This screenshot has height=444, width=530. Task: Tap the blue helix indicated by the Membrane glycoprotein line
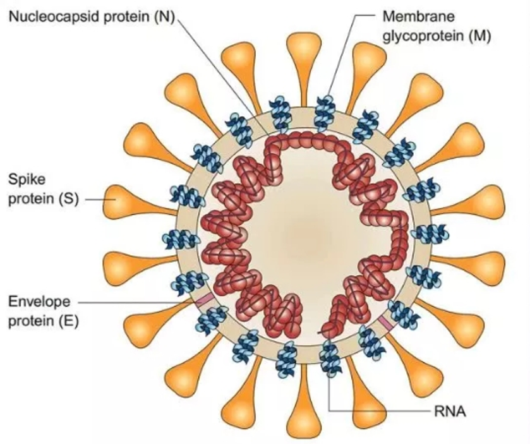[x=325, y=109]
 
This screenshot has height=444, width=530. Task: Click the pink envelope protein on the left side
[x=204, y=301]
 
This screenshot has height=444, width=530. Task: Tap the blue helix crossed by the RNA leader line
[x=329, y=357]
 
